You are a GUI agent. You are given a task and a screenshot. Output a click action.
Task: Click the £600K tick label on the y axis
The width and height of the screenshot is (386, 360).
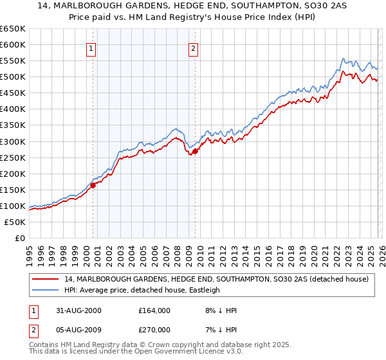click(x=13, y=44)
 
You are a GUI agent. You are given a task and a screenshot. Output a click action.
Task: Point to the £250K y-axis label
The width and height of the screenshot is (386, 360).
click(x=13, y=157)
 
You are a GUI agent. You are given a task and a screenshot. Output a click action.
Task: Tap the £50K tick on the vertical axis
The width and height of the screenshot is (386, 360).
click(x=15, y=222)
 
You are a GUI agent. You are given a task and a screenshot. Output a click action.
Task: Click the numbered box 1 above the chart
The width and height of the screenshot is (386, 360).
click(x=91, y=48)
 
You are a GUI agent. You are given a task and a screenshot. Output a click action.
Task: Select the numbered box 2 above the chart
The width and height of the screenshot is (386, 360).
click(x=193, y=48)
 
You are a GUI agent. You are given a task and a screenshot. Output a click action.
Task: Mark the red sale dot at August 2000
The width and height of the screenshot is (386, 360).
click(x=93, y=185)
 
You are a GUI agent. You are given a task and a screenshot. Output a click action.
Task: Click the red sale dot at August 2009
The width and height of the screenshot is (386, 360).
click(x=195, y=151)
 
